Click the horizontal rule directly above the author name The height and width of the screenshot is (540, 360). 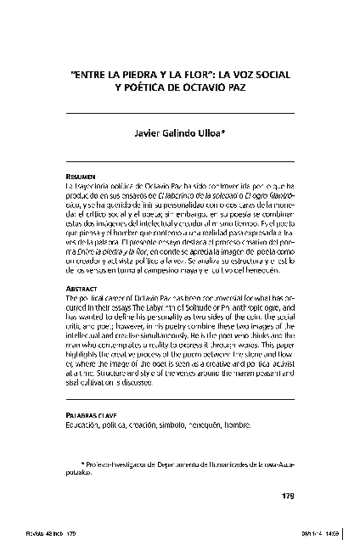pos(179,113)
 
